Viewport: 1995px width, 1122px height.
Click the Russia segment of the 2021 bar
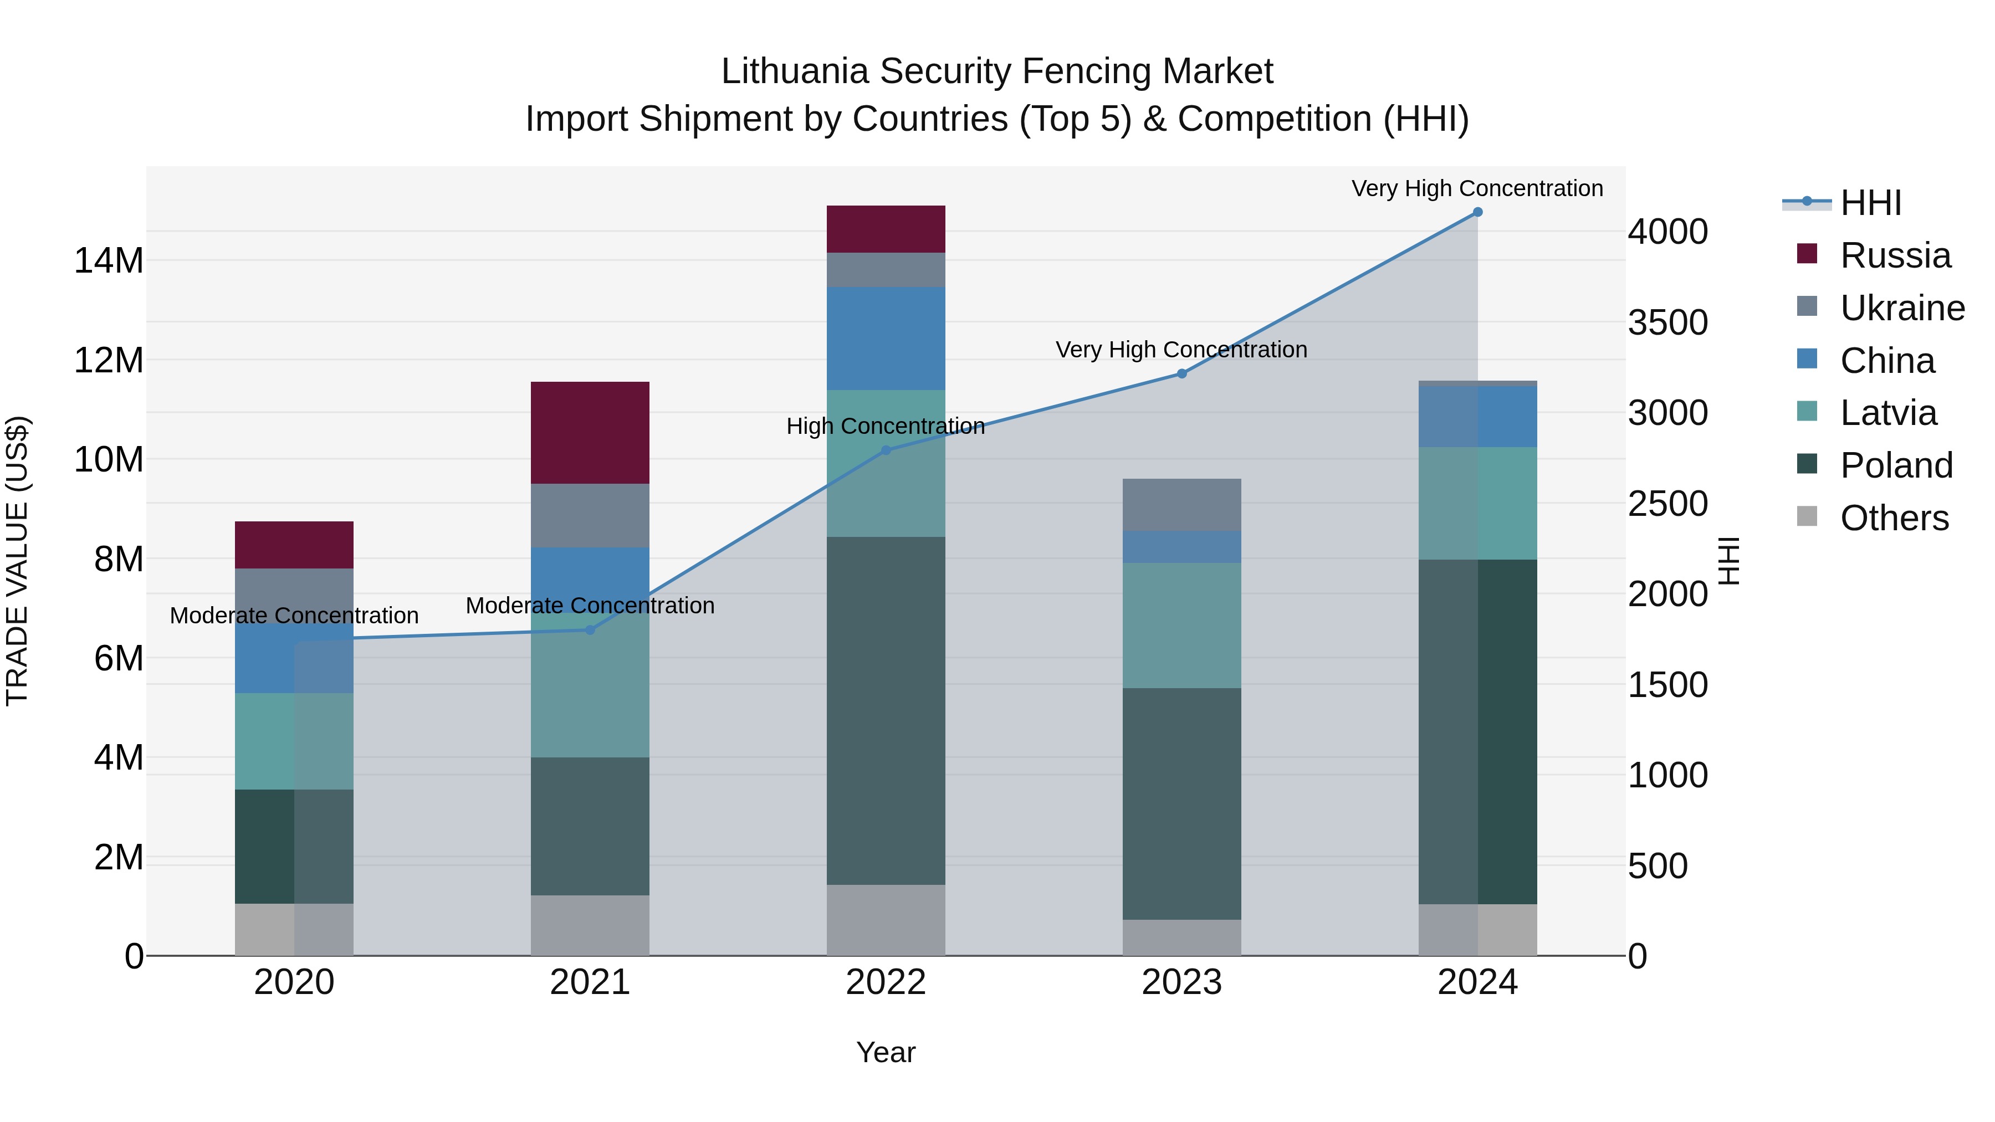tap(590, 432)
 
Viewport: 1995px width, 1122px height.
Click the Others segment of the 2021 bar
tap(590, 925)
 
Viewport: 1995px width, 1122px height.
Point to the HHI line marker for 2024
tap(1477, 212)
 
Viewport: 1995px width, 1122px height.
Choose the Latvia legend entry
tap(1887, 413)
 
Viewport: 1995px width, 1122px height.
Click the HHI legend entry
tap(1870, 203)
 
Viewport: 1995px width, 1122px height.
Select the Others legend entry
tap(1894, 518)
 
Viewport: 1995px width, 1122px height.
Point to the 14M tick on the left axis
tap(109, 260)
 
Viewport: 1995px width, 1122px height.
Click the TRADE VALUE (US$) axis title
tap(17, 561)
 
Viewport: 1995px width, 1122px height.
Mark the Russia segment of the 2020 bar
tap(294, 545)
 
